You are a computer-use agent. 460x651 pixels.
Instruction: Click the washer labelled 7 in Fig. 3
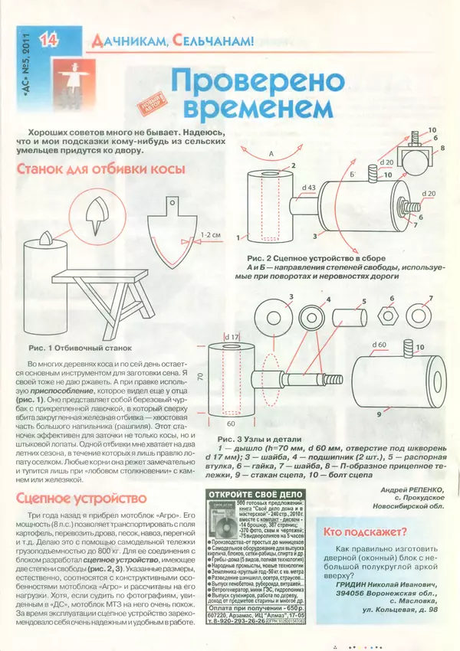click(419, 314)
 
